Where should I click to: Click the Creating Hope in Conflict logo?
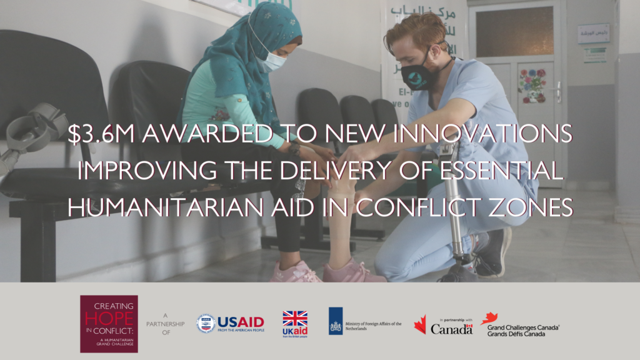(x=109, y=323)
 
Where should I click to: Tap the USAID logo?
(x=230, y=324)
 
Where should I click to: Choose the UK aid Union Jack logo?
(x=295, y=323)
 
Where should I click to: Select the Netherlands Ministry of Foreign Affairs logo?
(x=364, y=321)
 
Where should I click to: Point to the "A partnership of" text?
(x=167, y=324)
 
